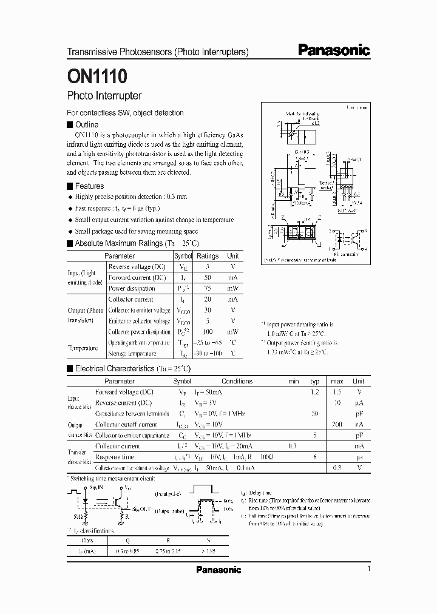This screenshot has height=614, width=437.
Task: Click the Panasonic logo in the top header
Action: (x=334, y=51)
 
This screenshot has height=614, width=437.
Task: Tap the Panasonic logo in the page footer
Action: (x=218, y=570)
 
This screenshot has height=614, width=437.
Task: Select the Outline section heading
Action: (x=86, y=124)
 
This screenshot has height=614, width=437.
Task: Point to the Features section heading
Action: (x=89, y=186)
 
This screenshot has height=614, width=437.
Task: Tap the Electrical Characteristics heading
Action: (x=115, y=368)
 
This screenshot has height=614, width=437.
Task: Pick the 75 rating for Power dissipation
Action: (x=208, y=289)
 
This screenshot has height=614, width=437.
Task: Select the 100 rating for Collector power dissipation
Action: (x=208, y=332)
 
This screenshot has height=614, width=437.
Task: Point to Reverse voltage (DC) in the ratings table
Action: (x=137, y=267)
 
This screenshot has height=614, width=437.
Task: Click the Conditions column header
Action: (x=237, y=381)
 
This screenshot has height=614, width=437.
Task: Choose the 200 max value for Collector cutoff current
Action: (x=337, y=425)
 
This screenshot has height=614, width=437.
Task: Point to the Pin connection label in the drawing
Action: (x=347, y=254)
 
